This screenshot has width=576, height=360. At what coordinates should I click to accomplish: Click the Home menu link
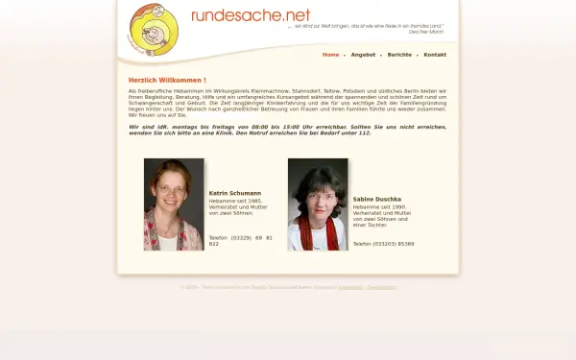click(330, 55)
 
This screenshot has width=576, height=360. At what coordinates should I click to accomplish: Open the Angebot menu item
click(363, 55)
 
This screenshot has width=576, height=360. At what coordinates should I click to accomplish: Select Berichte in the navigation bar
click(399, 55)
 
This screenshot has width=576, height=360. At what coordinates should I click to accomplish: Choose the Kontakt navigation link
click(435, 55)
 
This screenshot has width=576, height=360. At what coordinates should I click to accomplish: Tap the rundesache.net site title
click(251, 14)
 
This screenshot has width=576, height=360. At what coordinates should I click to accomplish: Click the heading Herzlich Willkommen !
click(167, 80)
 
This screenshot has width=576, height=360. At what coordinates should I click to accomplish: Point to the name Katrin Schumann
click(234, 193)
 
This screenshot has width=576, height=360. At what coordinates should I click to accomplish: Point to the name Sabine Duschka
click(377, 199)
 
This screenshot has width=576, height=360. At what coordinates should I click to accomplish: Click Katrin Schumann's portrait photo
click(174, 204)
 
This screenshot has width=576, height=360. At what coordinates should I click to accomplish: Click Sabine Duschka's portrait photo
click(318, 204)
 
